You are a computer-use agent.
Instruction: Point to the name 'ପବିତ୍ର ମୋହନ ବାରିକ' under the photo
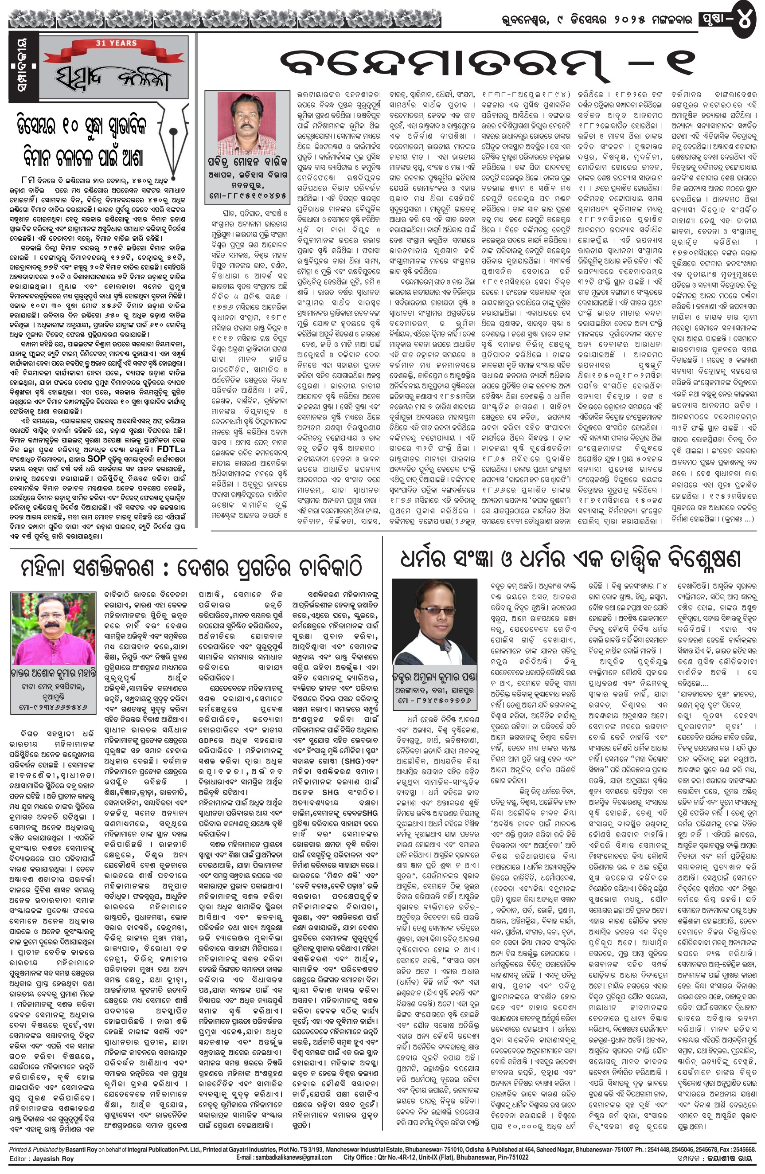tap(246, 162)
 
